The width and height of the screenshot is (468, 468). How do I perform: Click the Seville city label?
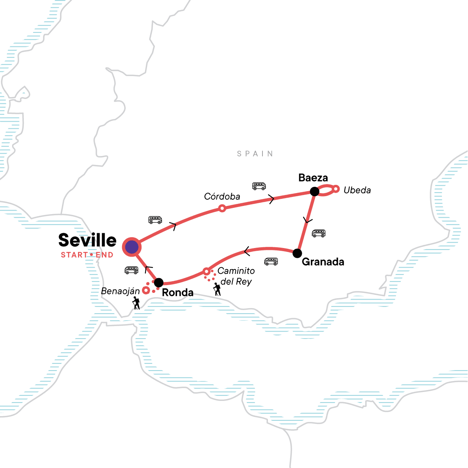pyautogui.click(x=87, y=240)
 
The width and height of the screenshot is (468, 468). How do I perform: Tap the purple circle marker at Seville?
pyautogui.click(x=131, y=247)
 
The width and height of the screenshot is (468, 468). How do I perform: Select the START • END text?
pyautogui.click(x=87, y=255)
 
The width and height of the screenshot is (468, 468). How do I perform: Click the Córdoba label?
pyautogui.click(x=222, y=197)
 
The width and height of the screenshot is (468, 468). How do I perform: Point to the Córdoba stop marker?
pyautogui.click(x=222, y=208)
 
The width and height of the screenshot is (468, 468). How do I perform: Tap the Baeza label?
pyautogui.click(x=313, y=178)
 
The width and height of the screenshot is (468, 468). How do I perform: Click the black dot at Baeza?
pyautogui.click(x=314, y=191)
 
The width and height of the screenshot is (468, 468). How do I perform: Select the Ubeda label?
pyautogui.click(x=357, y=190)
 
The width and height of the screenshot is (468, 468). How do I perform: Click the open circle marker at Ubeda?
pyautogui.click(x=336, y=189)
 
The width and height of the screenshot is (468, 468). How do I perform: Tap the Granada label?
pyautogui.click(x=323, y=262)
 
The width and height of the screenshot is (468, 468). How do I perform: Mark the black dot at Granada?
pyautogui.click(x=297, y=253)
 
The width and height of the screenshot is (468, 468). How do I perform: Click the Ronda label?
pyautogui.click(x=177, y=292)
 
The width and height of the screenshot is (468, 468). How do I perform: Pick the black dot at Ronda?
pyautogui.click(x=159, y=282)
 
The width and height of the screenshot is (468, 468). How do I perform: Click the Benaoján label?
pyautogui.click(x=120, y=291)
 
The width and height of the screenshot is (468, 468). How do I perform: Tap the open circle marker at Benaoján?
pyautogui.click(x=145, y=290)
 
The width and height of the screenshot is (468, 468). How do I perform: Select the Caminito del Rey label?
pyautogui.click(x=236, y=276)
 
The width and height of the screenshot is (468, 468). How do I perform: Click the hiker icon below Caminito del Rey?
pyautogui.click(x=217, y=289)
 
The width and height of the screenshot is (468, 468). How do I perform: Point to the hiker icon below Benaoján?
pyautogui.click(x=136, y=303)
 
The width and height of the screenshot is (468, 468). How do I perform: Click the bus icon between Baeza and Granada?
pyautogui.click(x=319, y=234)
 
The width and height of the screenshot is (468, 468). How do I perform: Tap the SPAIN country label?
pyautogui.click(x=255, y=154)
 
